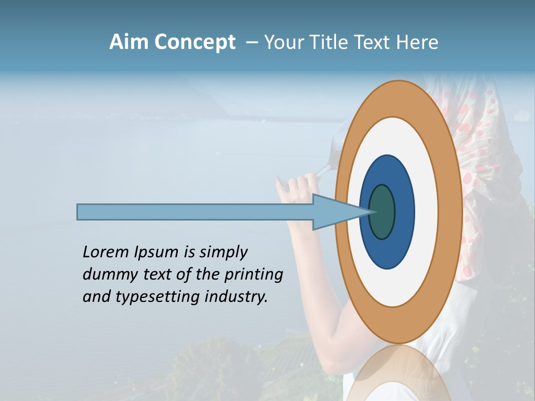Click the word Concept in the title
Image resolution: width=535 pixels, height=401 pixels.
pos(194,42)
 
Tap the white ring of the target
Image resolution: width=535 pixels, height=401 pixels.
pos(426,212)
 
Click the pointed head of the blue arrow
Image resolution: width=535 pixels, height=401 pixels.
pos(340,212)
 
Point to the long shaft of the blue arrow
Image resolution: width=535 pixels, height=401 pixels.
pos(195,212)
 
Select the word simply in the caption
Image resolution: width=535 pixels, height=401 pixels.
pos(223,252)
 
